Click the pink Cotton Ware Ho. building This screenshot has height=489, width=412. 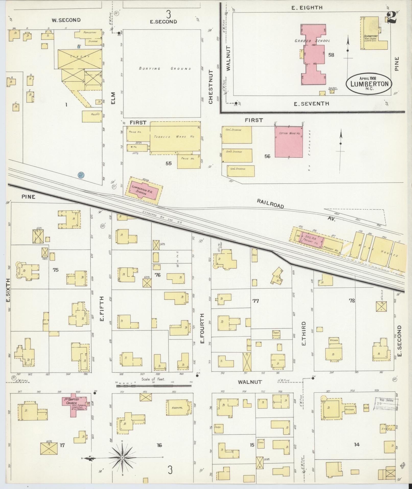tap(289, 143)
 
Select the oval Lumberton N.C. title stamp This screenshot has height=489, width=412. tap(369, 84)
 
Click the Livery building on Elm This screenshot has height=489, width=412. tap(80, 59)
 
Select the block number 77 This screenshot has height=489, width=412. tap(255, 301)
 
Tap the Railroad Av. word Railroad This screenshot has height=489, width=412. tap(270, 204)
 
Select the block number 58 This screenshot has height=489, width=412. tap(331, 55)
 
